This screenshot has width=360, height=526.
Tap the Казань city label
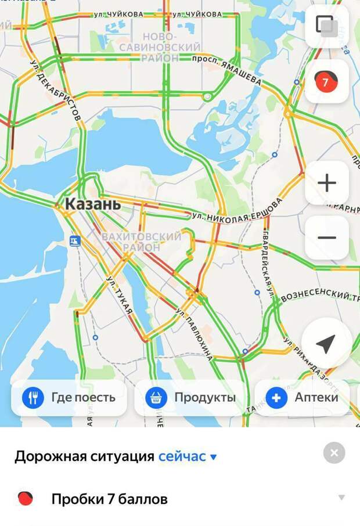point(93,204)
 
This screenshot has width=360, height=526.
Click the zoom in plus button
point(327,183)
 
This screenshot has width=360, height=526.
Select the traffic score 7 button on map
point(326,82)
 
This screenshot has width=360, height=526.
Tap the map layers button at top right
point(326,26)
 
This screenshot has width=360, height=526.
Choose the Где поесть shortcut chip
point(69,398)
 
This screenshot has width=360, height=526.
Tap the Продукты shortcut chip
point(192,398)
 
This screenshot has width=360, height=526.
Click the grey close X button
point(334,453)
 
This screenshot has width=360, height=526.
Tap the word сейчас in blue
point(182,456)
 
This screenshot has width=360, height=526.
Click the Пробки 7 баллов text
point(109,499)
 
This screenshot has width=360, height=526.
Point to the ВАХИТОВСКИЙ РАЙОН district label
point(141,242)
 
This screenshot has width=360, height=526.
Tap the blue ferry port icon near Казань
point(75,240)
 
